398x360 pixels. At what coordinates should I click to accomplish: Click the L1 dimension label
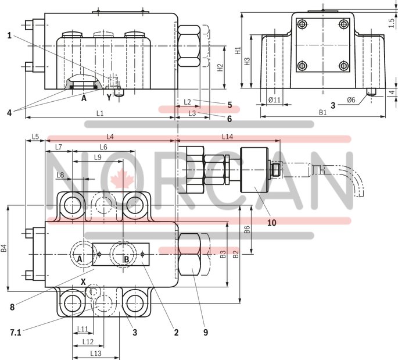[99, 112]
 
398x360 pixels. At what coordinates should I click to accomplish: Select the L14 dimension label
[228, 136]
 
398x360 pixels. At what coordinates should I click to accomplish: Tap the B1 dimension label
[322, 112]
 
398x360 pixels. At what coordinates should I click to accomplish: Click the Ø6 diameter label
[351, 100]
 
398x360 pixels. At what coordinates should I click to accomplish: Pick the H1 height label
[238, 51]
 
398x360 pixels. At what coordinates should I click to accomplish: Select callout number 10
[271, 222]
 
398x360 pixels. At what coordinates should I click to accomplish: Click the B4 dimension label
[4, 248]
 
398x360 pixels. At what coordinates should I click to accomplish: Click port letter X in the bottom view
[83, 282]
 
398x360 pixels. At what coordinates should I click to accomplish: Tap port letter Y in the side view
[108, 98]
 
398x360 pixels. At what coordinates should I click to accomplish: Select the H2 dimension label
[219, 67]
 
